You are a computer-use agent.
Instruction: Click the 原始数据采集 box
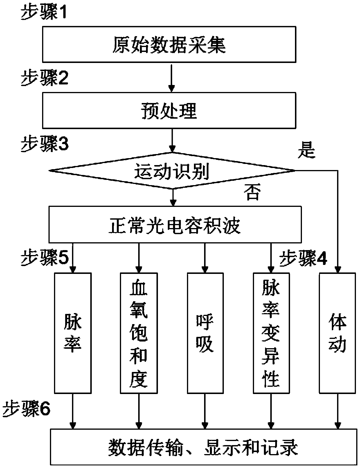pos(169,44)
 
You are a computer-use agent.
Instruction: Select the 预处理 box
pos(169,111)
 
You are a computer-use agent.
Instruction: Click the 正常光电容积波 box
pos(175,225)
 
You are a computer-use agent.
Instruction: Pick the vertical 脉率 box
pos(73,333)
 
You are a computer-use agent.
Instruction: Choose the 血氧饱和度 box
pos(139,333)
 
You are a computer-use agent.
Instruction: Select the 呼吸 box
pos(205,333)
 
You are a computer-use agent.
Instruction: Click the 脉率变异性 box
pos(271,333)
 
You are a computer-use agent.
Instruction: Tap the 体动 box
pos(337,333)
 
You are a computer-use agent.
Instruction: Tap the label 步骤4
pos(303,258)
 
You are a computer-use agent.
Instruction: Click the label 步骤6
pos(26,409)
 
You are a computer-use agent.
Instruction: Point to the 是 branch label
pos(306,150)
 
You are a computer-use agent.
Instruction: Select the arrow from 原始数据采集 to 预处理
pos(172,77)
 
